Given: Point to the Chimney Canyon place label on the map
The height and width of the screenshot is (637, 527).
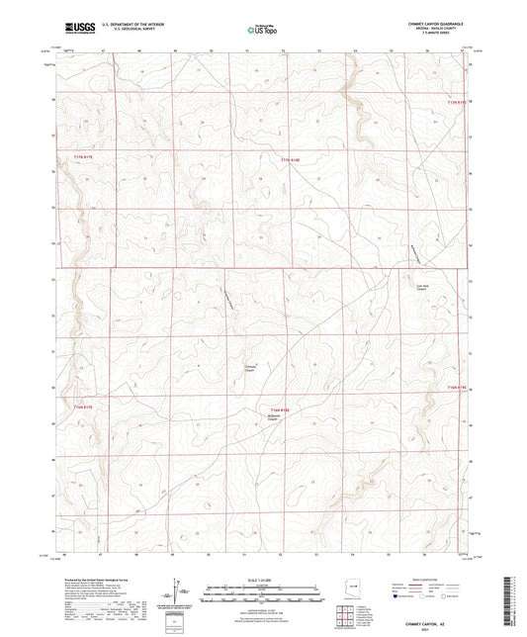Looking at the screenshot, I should pyautogui.click(x=251, y=369).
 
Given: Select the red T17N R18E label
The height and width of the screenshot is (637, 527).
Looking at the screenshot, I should pyautogui.click(x=288, y=160).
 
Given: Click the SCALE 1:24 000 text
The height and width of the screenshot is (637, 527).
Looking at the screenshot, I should pyautogui.click(x=262, y=581).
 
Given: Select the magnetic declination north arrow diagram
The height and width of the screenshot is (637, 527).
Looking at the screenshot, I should pyautogui.click(x=178, y=594).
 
